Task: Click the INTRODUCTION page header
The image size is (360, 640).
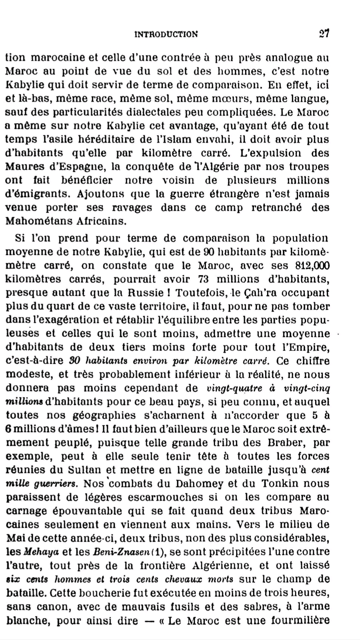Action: tap(166, 34)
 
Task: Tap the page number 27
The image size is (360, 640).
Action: tap(324, 34)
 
